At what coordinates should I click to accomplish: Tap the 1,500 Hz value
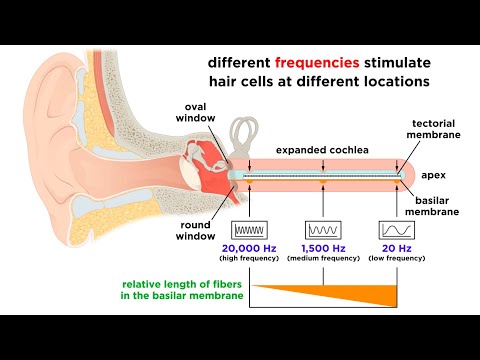323,246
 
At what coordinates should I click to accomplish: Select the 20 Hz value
391,246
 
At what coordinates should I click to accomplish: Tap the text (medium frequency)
323,259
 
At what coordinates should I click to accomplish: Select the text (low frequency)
391,259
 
